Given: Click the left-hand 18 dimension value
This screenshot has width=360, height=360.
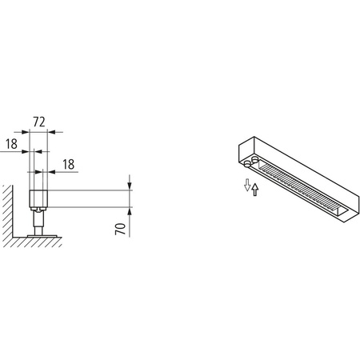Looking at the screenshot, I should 10,144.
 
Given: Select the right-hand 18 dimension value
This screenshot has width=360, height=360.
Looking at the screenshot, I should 68,163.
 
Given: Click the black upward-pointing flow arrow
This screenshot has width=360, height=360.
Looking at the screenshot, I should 255,190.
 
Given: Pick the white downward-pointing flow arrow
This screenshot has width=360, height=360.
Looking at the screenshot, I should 246,186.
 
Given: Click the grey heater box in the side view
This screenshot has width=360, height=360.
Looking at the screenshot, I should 37,198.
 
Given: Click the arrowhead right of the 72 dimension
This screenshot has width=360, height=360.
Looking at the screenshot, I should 54,133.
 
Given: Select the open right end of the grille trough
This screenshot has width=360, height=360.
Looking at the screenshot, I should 343,210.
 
